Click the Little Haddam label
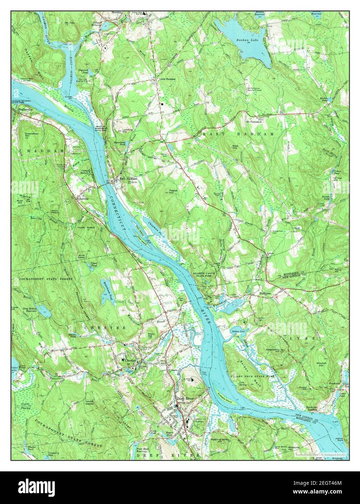point(168,79)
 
